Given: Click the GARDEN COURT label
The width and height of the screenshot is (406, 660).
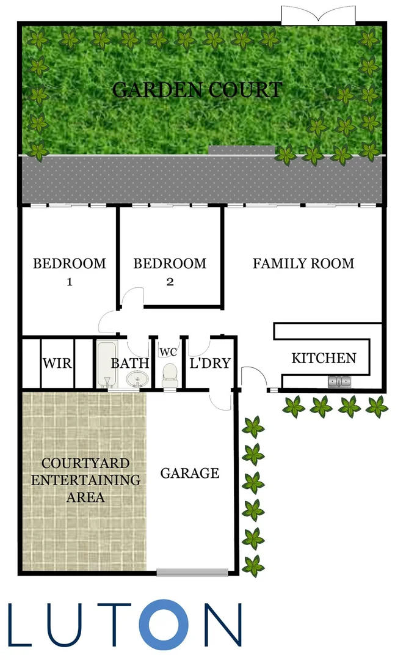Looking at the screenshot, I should pyautogui.click(x=197, y=90).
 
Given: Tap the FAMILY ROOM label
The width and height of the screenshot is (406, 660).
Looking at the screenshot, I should pyautogui.click(x=303, y=264).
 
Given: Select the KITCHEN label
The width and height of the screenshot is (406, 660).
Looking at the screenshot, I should pyautogui.click(x=324, y=358).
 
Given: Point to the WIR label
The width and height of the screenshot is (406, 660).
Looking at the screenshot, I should pyautogui.click(x=57, y=364).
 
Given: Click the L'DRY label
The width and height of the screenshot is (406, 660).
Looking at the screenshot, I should pyautogui.click(x=210, y=364).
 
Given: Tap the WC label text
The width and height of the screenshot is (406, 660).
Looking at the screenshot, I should pyautogui.click(x=169, y=352).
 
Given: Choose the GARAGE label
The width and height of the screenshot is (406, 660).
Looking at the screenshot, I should pyautogui.click(x=190, y=473).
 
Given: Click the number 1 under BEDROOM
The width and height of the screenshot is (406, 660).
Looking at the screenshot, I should pyautogui.click(x=69, y=282).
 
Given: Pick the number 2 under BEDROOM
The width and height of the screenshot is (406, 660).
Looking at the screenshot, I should pyautogui.click(x=170, y=282).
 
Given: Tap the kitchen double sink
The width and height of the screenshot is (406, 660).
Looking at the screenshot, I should pyautogui.click(x=339, y=382).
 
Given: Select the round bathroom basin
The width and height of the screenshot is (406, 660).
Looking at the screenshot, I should pyautogui.click(x=137, y=381).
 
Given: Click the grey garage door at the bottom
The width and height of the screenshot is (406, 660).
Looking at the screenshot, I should pyautogui.click(x=192, y=573).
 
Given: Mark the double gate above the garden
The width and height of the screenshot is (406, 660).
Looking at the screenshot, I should pyautogui.click(x=317, y=16).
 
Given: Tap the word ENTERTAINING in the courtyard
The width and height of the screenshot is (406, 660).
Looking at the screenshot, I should pyautogui.click(x=85, y=480).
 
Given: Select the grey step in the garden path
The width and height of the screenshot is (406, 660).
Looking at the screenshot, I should pyautogui.click(x=242, y=150).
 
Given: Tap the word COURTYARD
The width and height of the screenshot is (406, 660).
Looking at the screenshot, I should pyautogui.click(x=85, y=463).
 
